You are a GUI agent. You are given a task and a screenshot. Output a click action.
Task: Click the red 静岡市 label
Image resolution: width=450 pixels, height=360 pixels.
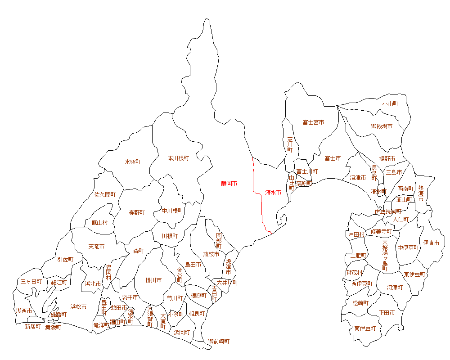229,184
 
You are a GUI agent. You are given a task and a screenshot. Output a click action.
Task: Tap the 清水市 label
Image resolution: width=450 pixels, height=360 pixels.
273,192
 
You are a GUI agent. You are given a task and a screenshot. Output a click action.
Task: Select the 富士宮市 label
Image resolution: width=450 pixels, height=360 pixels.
313,122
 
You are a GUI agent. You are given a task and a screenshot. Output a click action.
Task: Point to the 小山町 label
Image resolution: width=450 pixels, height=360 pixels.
390,103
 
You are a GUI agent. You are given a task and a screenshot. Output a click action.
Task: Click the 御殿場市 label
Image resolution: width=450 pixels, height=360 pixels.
382,126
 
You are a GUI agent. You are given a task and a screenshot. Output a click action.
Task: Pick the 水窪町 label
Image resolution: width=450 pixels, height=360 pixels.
133,162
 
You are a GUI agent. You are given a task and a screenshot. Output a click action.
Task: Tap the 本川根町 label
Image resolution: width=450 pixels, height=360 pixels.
178,158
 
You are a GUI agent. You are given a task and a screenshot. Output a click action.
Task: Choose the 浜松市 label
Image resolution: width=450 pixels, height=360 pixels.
78,307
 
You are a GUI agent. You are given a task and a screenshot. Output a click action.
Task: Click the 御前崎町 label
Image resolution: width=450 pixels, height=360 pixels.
219,342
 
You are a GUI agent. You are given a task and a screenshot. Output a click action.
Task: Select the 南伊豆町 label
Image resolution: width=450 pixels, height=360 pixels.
365,328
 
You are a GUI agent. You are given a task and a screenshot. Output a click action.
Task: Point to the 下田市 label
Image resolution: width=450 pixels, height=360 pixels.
387,312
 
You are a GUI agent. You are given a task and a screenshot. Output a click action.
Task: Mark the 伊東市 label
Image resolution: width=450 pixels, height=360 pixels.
431,243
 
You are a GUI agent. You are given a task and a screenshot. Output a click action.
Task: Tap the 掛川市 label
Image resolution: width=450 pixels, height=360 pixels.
153,280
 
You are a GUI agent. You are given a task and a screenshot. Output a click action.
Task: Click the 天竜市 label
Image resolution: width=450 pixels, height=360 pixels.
96,247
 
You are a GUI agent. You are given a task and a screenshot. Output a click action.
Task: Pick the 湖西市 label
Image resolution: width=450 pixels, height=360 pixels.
24,311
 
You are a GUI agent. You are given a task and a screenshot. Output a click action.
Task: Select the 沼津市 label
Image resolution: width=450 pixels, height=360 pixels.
358,178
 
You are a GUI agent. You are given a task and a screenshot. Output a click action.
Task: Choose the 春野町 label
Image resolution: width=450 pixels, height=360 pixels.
137,213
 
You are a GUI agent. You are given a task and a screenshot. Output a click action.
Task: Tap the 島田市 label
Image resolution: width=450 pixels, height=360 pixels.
193,265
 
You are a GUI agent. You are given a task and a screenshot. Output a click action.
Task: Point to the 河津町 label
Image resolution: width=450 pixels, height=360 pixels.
394,287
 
